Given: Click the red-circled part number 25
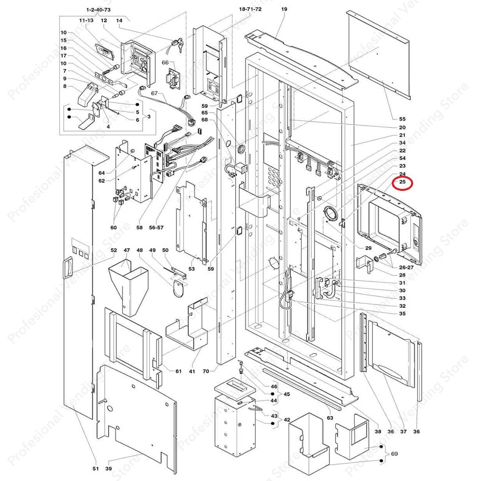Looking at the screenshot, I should [402, 182].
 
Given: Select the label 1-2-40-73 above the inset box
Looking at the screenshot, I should [98, 9].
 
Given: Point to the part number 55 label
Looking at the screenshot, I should [402, 119].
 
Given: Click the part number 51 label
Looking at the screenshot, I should [95, 468].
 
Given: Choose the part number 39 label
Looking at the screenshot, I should [109, 468].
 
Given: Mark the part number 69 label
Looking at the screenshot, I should [394, 453].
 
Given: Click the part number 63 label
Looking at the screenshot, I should [330, 418].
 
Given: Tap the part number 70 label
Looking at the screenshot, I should [206, 371].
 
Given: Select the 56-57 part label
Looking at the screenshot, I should [157, 228].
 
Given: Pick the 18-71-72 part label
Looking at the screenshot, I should [250, 9].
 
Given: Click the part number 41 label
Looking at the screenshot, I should [192, 371].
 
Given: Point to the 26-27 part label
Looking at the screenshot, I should [406, 268].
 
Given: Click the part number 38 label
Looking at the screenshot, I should [378, 431].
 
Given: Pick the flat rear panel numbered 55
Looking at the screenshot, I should [378, 53].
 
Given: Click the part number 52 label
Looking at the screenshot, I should [114, 250].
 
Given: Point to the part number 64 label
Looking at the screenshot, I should [102, 173].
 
